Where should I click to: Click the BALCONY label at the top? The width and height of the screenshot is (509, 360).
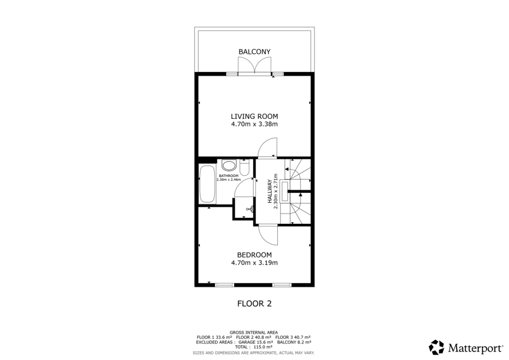(x=254, y=52)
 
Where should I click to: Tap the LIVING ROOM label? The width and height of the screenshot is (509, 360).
(x=254, y=116)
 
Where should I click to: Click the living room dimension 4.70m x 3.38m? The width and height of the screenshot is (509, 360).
(x=254, y=124)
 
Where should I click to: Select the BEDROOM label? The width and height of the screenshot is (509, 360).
(x=254, y=255)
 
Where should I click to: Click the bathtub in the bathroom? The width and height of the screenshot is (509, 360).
(x=207, y=184)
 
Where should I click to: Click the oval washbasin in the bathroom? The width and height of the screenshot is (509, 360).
(x=229, y=165)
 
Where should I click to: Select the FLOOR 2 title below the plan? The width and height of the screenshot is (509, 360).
(x=254, y=303)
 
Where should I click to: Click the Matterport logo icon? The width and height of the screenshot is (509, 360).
(x=436, y=347)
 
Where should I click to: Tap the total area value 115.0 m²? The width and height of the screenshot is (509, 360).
(x=267, y=348)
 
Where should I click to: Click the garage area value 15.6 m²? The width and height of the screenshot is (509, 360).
(x=263, y=342)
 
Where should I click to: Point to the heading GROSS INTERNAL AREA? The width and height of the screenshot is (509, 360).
(x=254, y=332)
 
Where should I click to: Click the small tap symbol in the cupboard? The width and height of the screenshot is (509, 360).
(x=253, y=209)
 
